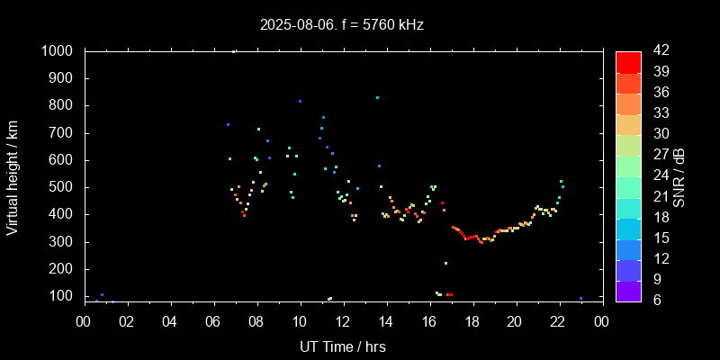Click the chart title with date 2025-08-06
pos(341,24)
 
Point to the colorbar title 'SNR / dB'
pos(679,175)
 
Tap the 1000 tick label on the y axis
pos(57,51)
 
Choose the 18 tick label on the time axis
pos(472,320)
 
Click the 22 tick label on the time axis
pos(558,320)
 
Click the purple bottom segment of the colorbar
pos(628,289)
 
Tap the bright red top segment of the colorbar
pos(628,61)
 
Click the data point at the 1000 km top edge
pos(234,51)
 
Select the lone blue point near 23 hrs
pos(580,298)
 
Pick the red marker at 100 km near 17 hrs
pos(449,294)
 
